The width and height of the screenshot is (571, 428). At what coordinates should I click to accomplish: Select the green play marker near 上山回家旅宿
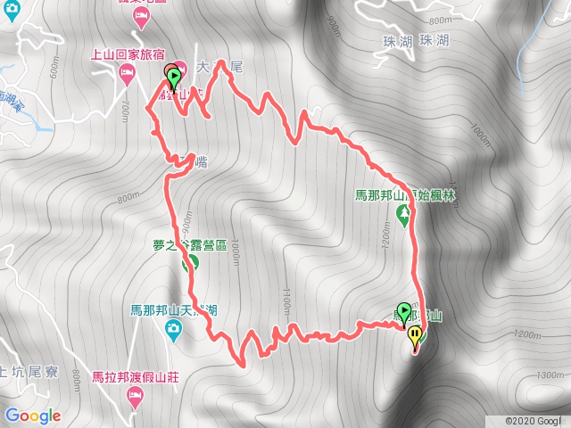[172, 76]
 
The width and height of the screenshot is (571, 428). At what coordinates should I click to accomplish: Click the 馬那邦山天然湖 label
[169, 310]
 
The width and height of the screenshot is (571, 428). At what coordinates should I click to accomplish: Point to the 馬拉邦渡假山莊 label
[136, 377]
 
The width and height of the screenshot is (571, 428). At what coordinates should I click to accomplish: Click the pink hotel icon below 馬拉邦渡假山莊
[136, 396]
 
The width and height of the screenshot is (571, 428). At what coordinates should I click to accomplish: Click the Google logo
[32, 416]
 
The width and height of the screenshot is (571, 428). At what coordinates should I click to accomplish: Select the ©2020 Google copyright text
[536, 420]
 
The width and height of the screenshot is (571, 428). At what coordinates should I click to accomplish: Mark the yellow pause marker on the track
[416, 336]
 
